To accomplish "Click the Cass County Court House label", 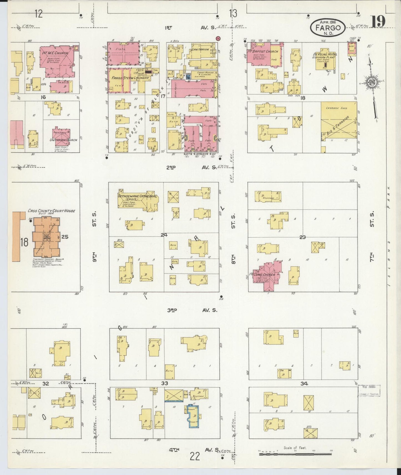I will coord(51,211).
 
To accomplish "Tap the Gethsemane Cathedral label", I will coord(138,196).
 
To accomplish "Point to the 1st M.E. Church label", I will coord(55,53).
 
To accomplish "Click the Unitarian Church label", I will coord(63,140).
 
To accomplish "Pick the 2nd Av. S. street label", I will coord(191,167).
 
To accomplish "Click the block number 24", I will coord(164,235).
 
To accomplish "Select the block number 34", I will coord(304,384).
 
